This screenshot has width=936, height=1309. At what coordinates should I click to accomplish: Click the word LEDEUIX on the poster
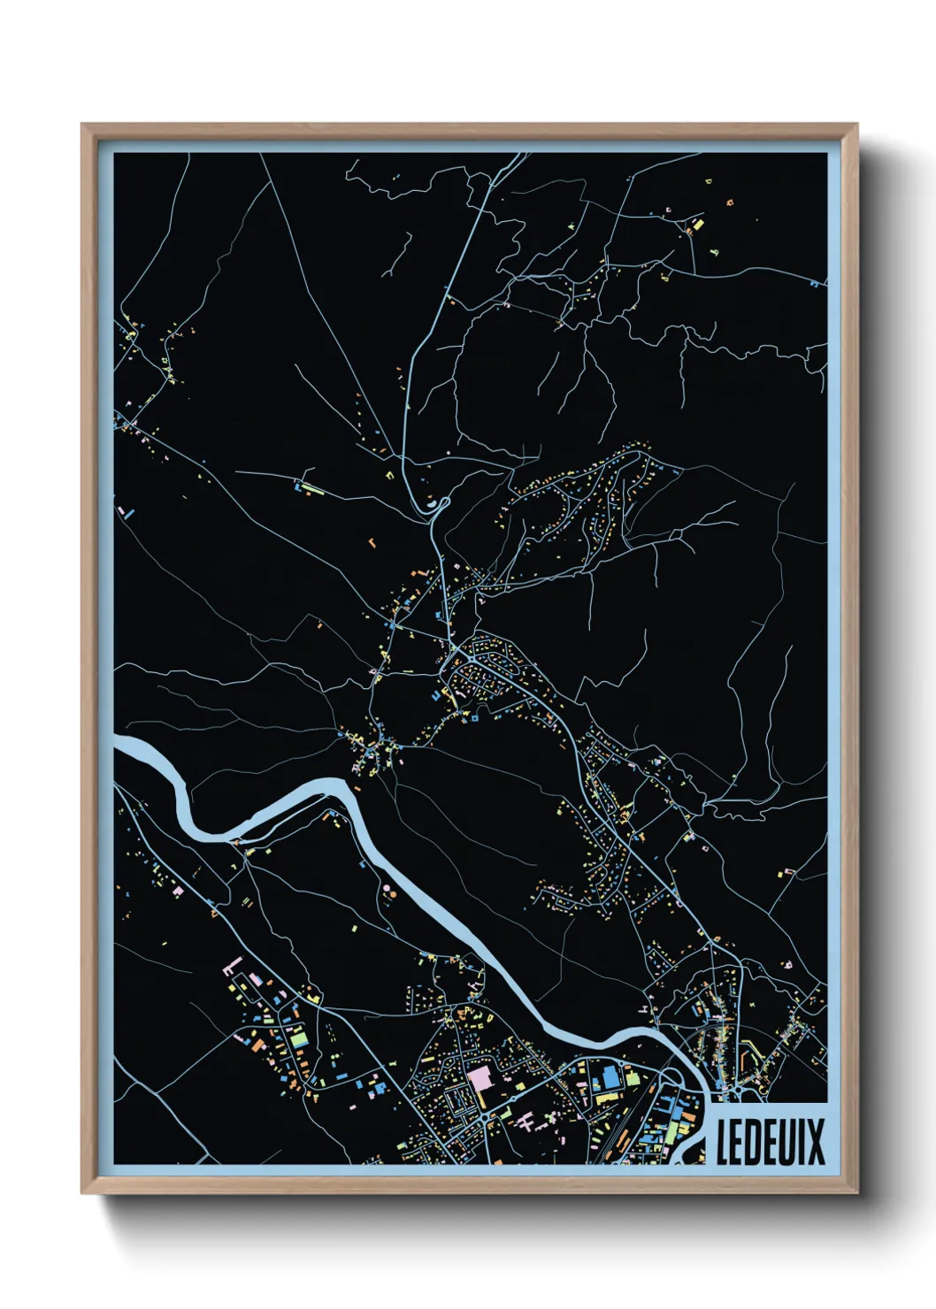[770, 1142]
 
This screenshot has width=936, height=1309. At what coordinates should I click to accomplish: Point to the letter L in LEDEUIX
[724, 1142]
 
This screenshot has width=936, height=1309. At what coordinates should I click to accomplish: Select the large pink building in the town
[480, 1079]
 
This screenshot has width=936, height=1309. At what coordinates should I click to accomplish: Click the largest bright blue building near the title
[610, 1076]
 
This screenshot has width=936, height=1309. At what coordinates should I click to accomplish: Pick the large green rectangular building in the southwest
[299, 1036]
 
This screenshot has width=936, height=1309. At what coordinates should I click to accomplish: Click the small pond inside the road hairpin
[433, 505]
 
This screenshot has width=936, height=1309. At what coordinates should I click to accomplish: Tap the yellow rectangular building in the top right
[697, 225]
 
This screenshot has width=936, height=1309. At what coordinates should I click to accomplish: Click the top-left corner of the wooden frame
[83, 126]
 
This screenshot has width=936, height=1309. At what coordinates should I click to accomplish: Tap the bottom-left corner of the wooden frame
[83, 1192]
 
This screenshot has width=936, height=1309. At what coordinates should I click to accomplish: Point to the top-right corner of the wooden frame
[856, 126]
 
